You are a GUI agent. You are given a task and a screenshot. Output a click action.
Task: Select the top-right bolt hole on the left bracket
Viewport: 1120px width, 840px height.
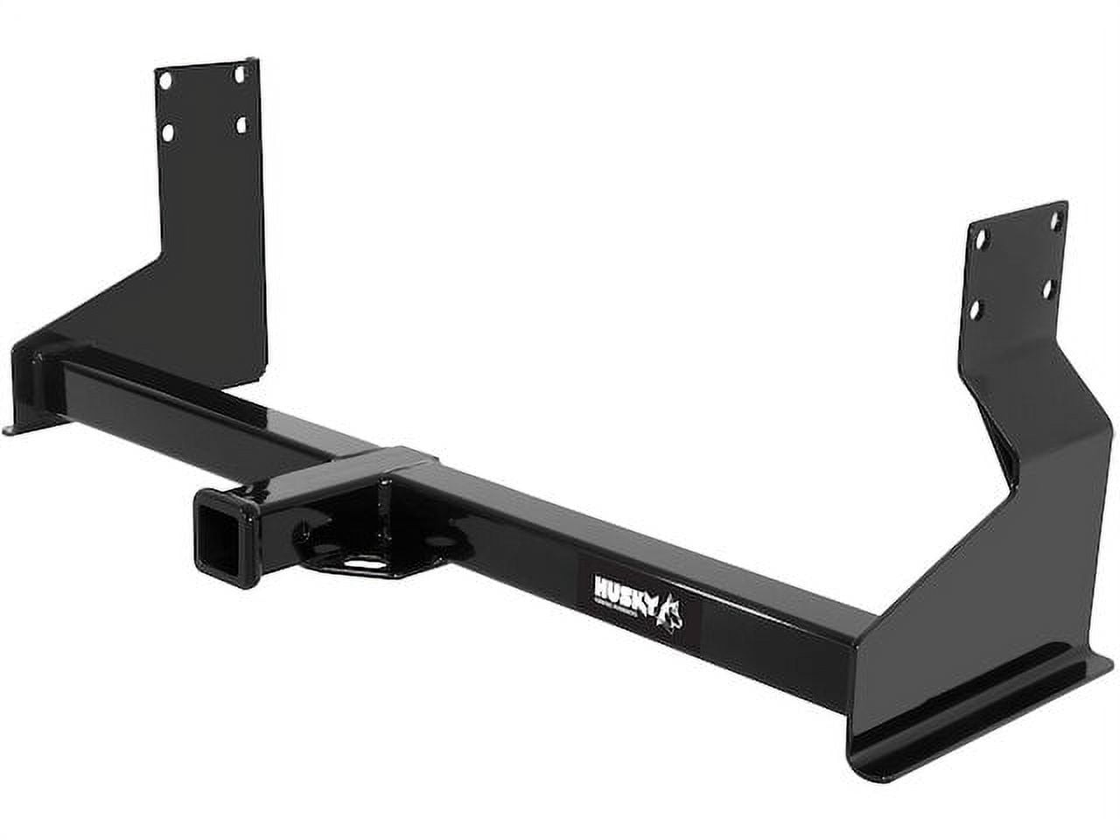point(239,75)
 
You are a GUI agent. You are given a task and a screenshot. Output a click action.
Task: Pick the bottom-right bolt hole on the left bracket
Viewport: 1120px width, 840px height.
point(241,125)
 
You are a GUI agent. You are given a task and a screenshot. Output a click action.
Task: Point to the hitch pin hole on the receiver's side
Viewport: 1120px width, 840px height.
point(300,528)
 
